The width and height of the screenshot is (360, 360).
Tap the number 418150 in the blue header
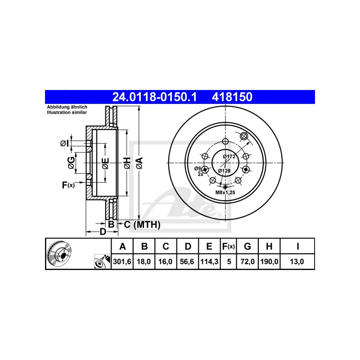(232, 97)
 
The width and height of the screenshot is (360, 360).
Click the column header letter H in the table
(269, 247)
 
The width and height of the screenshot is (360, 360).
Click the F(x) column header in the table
(229, 247)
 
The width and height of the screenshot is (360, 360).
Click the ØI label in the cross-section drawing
(64, 143)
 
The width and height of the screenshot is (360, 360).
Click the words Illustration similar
(67, 112)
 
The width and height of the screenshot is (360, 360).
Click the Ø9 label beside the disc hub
(197, 168)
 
